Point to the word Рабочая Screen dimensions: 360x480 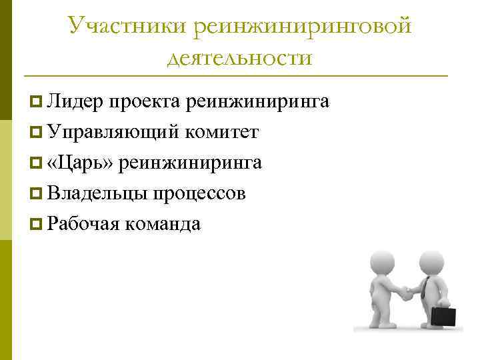(83, 224)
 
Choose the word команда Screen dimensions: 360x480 (163, 224)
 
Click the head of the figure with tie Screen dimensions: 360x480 (432, 262)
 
